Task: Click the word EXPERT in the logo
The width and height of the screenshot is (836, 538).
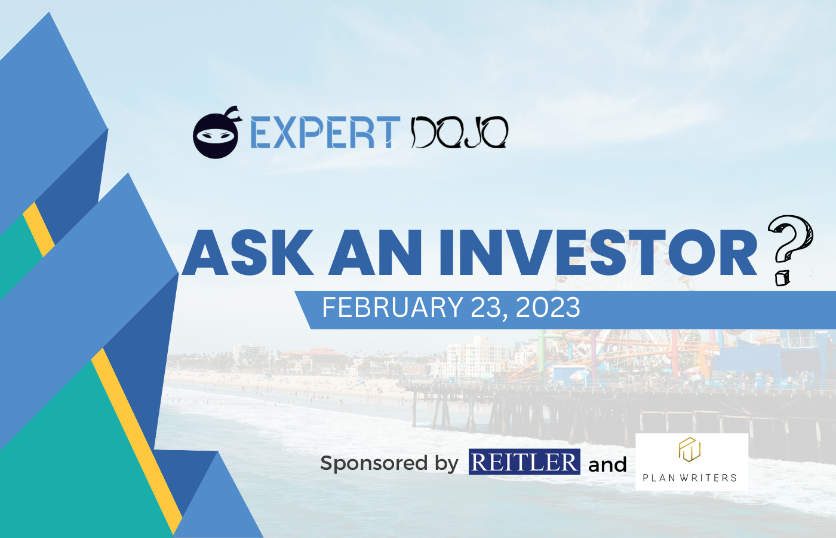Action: click(x=325, y=132)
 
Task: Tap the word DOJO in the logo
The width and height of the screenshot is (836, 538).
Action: click(x=459, y=132)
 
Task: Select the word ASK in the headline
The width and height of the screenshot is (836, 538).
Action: click(x=247, y=252)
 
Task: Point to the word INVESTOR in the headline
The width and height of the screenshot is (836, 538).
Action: click(x=598, y=252)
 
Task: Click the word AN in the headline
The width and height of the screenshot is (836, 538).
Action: click(x=376, y=252)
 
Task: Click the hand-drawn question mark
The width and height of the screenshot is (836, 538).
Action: click(x=789, y=250)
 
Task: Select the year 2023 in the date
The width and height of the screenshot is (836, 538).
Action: click(x=548, y=307)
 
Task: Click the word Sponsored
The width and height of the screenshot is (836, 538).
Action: click(x=374, y=463)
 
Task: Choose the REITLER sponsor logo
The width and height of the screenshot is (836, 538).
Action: click(x=524, y=461)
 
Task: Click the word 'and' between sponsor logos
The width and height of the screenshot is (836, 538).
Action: click(x=608, y=464)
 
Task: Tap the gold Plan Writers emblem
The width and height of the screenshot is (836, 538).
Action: click(x=689, y=450)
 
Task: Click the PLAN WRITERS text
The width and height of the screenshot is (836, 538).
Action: click(x=690, y=478)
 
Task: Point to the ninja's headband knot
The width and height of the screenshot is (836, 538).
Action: click(x=233, y=114)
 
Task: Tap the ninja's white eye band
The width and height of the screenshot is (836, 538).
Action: click(x=216, y=136)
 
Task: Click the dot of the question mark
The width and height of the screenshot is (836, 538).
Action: click(x=782, y=279)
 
